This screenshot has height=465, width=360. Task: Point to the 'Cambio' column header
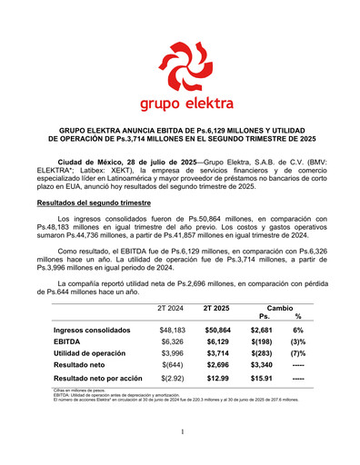coord(281,308)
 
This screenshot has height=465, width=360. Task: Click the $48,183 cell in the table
coord(172,330)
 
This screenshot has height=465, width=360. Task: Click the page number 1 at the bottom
coord(182,431)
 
